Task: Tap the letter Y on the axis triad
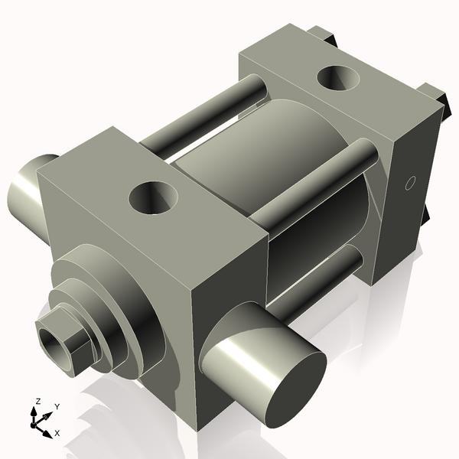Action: point(57,408)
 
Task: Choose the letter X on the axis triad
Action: point(57,434)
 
